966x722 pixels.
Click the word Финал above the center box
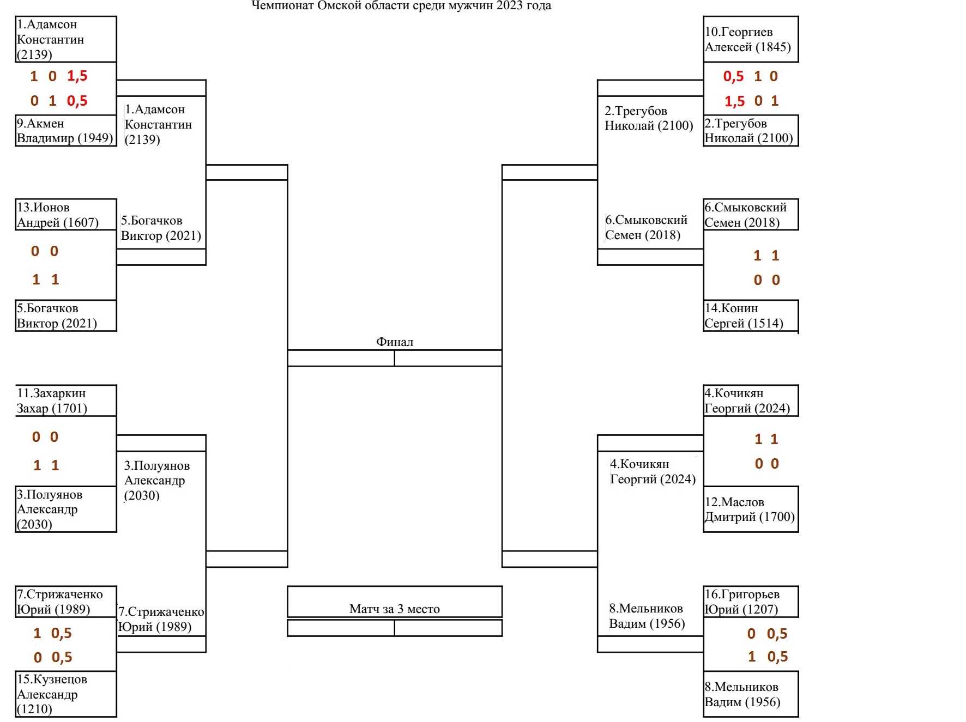394,342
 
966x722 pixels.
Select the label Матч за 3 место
394,609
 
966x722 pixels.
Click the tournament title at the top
401,6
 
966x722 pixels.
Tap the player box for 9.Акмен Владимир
65,131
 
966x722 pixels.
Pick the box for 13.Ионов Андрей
65,215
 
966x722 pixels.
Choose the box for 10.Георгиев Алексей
750,39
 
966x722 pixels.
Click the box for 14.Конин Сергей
750,316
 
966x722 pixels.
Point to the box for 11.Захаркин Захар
65,401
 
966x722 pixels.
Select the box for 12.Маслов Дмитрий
750,509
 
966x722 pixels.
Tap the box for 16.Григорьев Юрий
750,602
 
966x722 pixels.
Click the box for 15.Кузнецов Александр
65,694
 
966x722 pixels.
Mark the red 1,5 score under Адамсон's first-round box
77,76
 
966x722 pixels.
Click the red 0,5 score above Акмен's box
77,101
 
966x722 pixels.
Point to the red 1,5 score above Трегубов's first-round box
734,101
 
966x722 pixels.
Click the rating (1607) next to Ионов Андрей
81,222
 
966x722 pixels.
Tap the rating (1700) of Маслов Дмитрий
776,517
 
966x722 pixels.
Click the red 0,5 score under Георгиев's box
733,76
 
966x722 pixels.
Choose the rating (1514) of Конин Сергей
765,323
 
